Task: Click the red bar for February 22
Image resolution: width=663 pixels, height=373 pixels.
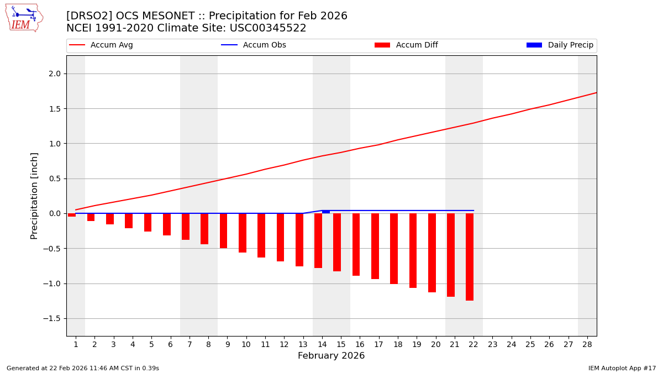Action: (470, 257)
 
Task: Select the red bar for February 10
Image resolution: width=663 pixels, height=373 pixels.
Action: (243, 233)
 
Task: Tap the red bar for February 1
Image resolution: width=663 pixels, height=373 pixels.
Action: (72, 215)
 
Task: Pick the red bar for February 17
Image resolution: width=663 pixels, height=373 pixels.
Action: (375, 246)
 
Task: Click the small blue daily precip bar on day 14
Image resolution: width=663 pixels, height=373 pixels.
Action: (326, 212)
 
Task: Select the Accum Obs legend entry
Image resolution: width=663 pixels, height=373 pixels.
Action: (254, 45)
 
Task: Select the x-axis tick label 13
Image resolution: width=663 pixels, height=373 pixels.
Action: (303, 344)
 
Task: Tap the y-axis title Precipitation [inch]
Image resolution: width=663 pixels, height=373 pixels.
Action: (34, 196)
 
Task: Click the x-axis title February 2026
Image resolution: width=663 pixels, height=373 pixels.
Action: (331, 356)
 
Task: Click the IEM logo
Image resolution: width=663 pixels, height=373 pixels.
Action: (24, 18)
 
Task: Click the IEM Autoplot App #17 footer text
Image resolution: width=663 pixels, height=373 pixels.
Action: (622, 368)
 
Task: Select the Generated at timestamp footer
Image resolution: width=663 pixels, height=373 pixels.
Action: (83, 368)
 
